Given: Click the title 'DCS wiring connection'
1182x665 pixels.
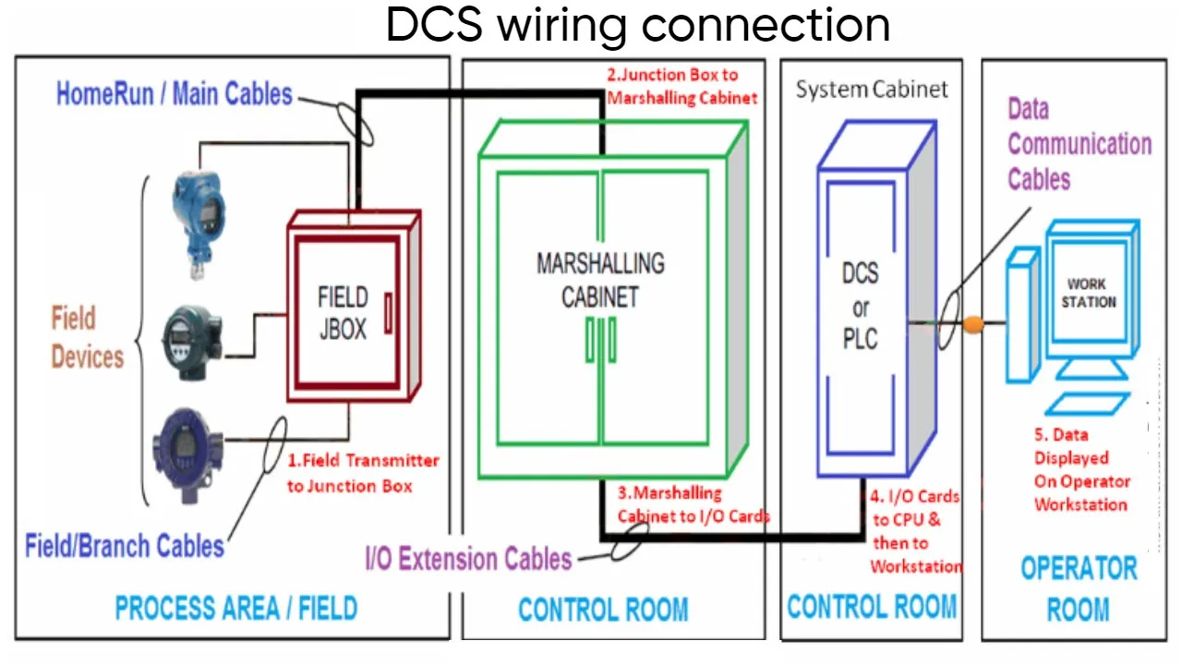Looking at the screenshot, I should point(637,25).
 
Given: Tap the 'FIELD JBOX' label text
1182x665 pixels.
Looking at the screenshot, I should point(343,313).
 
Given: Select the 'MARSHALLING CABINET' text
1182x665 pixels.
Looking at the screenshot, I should point(600,279).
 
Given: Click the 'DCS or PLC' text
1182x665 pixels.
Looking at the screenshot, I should point(860,306).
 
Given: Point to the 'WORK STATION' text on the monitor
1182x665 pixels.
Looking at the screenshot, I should point(1088,293).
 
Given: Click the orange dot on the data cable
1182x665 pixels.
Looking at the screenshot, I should point(972,324).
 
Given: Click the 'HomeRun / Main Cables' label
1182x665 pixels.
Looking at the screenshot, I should point(175,93).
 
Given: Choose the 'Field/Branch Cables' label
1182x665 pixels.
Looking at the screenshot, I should point(125,545).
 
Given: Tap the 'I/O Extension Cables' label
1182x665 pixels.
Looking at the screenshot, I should point(469,558).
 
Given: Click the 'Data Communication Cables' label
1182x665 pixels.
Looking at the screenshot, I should point(1079,144).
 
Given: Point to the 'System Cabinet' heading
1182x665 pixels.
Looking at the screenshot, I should point(872,90).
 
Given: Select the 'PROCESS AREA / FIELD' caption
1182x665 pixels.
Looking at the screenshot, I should point(235,608).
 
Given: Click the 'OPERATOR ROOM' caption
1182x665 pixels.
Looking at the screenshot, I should point(1079,588).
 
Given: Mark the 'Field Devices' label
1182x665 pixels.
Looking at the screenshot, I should point(87,338).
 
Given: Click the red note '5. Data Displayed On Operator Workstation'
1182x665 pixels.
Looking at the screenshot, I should point(1080,469).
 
